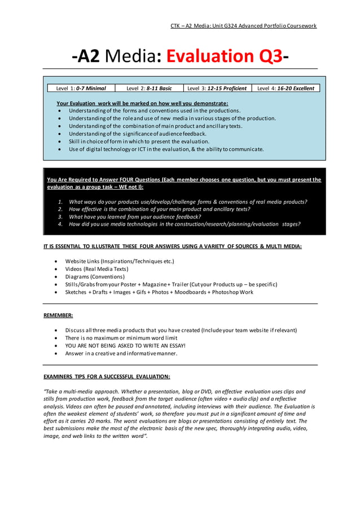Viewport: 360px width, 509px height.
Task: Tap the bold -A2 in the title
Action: pos(87,56)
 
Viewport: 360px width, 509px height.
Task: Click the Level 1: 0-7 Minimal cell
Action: pos(81,88)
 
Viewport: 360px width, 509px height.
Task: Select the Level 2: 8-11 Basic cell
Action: pos(149,88)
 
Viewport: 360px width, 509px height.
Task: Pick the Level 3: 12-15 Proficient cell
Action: pos(217,88)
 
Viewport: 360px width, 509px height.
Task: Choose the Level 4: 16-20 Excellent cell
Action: pos(286,88)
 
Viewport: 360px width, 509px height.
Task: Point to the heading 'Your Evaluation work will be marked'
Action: pos(142,103)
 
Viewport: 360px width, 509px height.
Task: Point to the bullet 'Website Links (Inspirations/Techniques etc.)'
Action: pos(120,261)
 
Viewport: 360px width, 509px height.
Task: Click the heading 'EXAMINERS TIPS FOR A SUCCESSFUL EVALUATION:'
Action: pos(107,376)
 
